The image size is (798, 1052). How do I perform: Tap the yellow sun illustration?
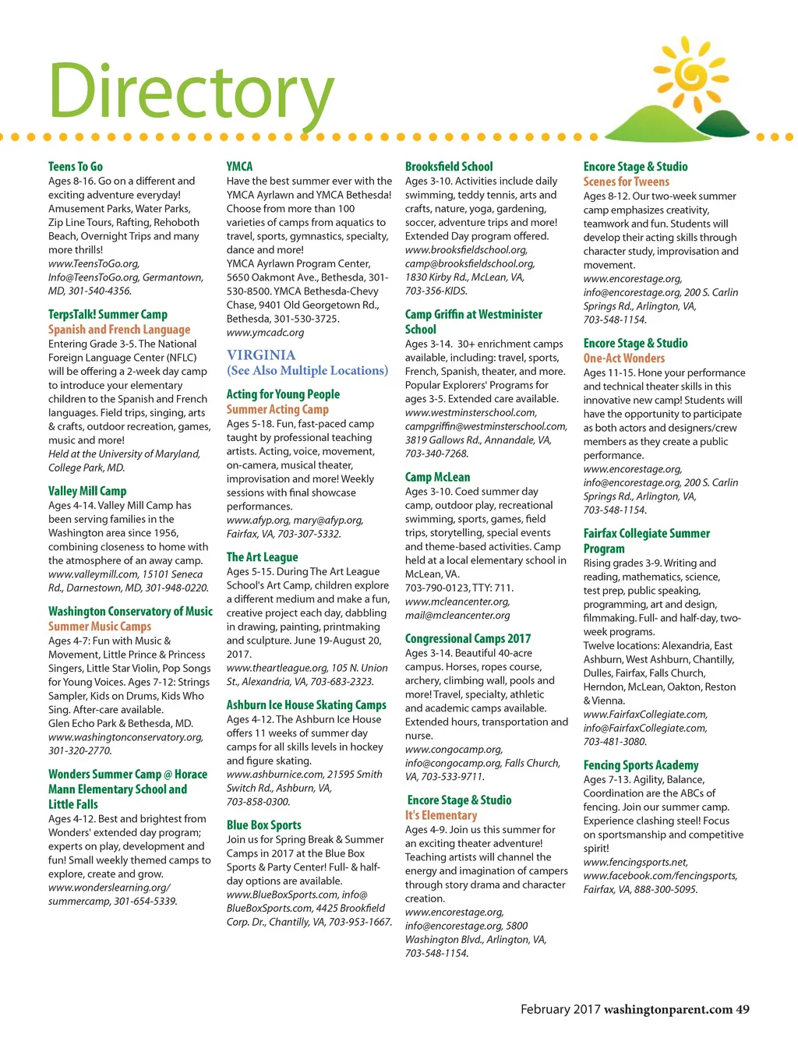click(x=691, y=75)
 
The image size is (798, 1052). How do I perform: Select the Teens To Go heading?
click(x=76, y=167)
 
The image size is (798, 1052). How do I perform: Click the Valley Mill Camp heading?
click(x=87, y=491)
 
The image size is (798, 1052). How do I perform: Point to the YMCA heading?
click(x=239, y=167)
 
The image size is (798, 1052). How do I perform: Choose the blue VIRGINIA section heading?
click(x=261, y=355)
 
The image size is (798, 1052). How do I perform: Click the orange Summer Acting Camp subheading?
click(x=277, y=409)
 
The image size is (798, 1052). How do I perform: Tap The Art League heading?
click(x=262, y=557)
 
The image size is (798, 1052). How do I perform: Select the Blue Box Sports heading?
click(x=263, y=825)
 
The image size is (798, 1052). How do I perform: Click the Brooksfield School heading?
click(x=449, y=167)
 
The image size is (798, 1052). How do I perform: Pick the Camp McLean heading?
click(x=437, y=477)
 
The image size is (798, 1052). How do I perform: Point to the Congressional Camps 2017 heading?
click(x=468, y=639)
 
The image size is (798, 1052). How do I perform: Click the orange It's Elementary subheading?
click(x=440, y=815)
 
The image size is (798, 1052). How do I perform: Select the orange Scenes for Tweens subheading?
click(x=626, y=182)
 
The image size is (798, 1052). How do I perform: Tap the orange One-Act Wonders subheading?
click(x=624, y=358)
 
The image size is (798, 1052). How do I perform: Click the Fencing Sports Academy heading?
click(x=641, y=765)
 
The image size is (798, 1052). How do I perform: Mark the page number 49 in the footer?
click(x=743, y=1009)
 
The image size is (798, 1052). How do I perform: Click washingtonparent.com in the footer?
click(x=668, y=1009)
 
